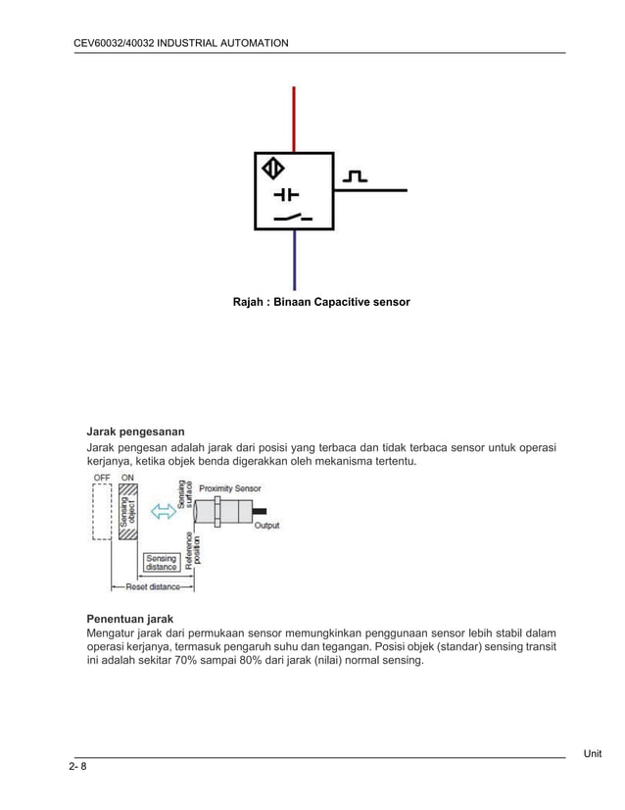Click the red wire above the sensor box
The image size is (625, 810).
tap(294, 119)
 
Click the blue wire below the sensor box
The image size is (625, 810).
tap(294, 260)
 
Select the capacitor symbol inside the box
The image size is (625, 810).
tap(286, 194)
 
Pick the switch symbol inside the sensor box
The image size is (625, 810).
tap(293, 217)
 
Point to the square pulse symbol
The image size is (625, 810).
tap(355, 177)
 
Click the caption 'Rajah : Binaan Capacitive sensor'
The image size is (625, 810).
tap(320, 302)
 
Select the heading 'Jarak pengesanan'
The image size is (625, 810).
tap(135, 431)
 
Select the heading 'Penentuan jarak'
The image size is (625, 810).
tap(130, 620)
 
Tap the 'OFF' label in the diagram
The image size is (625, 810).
tap(102, 478)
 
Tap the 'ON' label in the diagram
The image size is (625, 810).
tap(128, 478)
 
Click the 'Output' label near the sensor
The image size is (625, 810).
tap(266, 526)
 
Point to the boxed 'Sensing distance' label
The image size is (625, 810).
tap(161, 562)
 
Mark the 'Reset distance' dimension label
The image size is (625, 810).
tap(152, 587)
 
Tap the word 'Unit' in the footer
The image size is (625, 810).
tap(592, 753)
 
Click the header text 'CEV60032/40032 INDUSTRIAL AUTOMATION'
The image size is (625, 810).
tap(181, 43)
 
